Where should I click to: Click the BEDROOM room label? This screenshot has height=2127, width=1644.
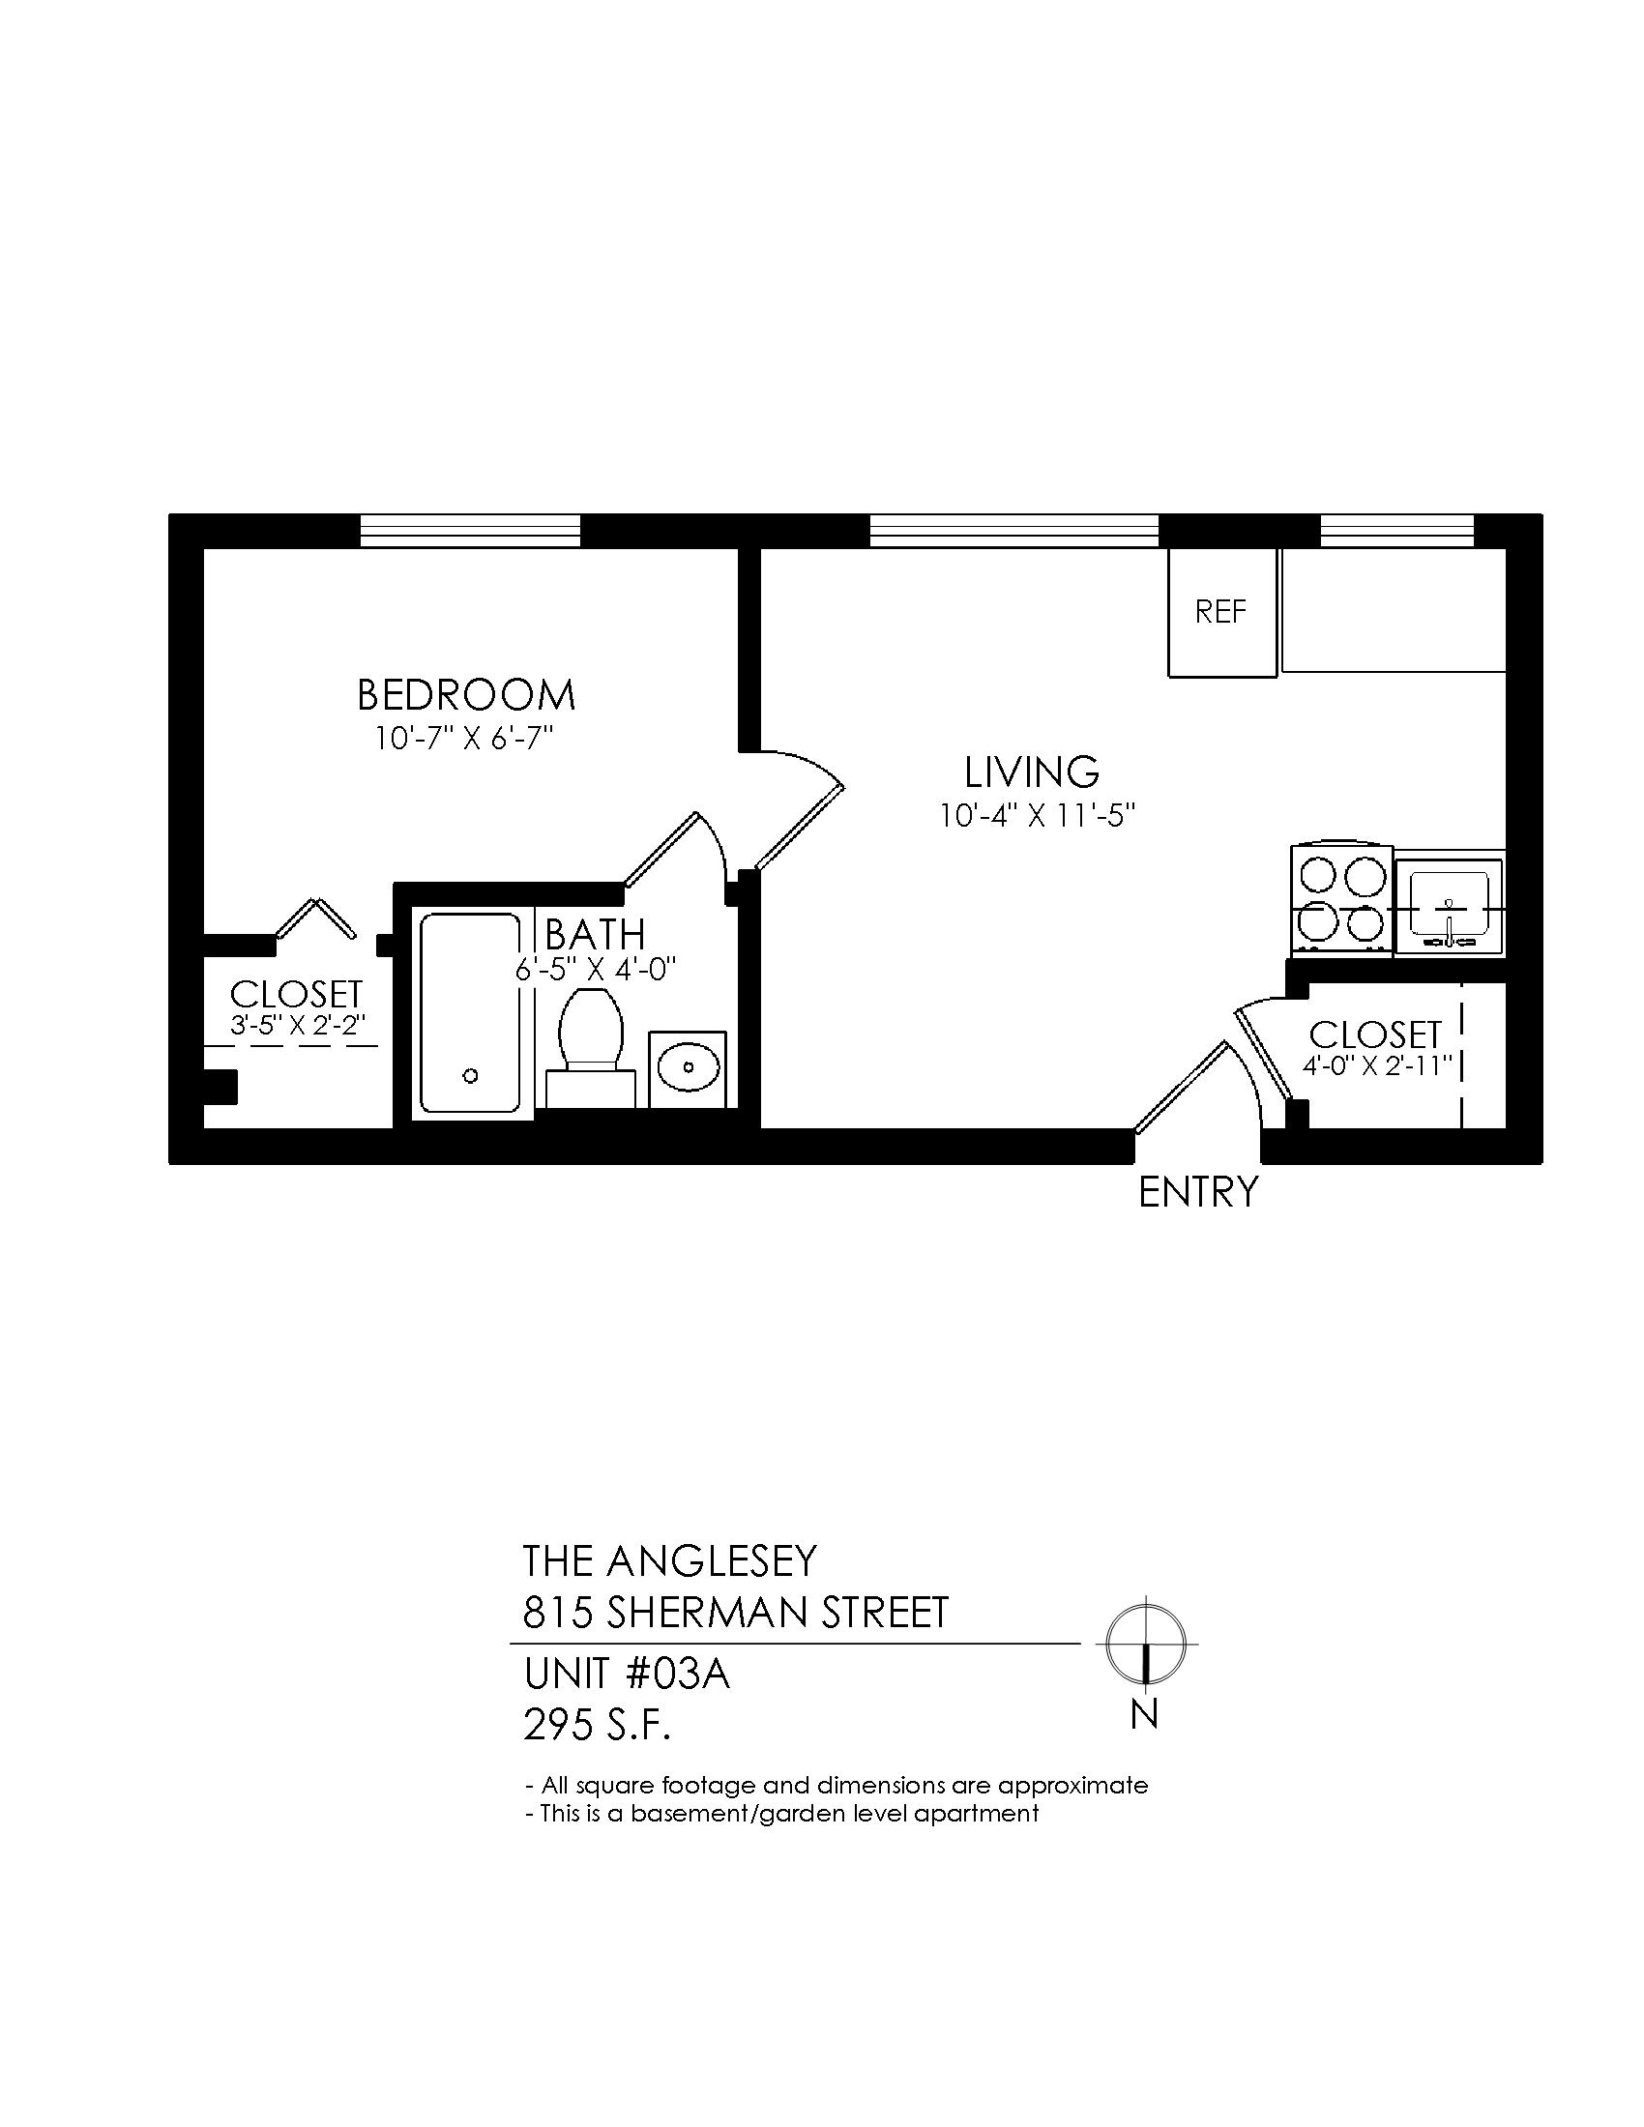click(x=466, y=695)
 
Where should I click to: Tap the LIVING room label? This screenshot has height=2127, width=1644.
click(x=1033, y=772)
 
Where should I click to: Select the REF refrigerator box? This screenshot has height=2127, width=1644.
click(x=1222, y=613)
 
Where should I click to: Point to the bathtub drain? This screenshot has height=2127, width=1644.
click(x=470, y=1076)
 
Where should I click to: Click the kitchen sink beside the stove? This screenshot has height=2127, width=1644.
click(x=1450, y=907)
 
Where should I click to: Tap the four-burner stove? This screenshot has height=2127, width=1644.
click(x=1341, y=899)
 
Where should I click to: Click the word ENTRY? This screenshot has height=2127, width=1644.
click(x=1198, y=1192)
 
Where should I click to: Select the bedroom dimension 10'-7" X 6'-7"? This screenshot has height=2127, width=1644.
click(x=464, y=740)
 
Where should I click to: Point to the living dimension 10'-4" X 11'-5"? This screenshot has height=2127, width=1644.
click(x=1039, y=815)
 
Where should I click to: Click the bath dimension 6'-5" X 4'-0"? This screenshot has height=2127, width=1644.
click(x=596, y=970)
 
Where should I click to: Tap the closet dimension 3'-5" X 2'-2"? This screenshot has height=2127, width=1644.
click(x=297, y=1026)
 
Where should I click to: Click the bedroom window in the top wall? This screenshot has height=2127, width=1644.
click(x=470, y=531)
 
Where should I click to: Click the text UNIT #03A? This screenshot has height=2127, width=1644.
click(x=627, y=1676)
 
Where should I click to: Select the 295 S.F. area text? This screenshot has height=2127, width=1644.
click(x=598, y=1726)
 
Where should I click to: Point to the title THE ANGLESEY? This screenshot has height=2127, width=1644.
click(x=669, y=1561)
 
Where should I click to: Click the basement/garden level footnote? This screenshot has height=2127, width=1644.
click(x=782, y=1813)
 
